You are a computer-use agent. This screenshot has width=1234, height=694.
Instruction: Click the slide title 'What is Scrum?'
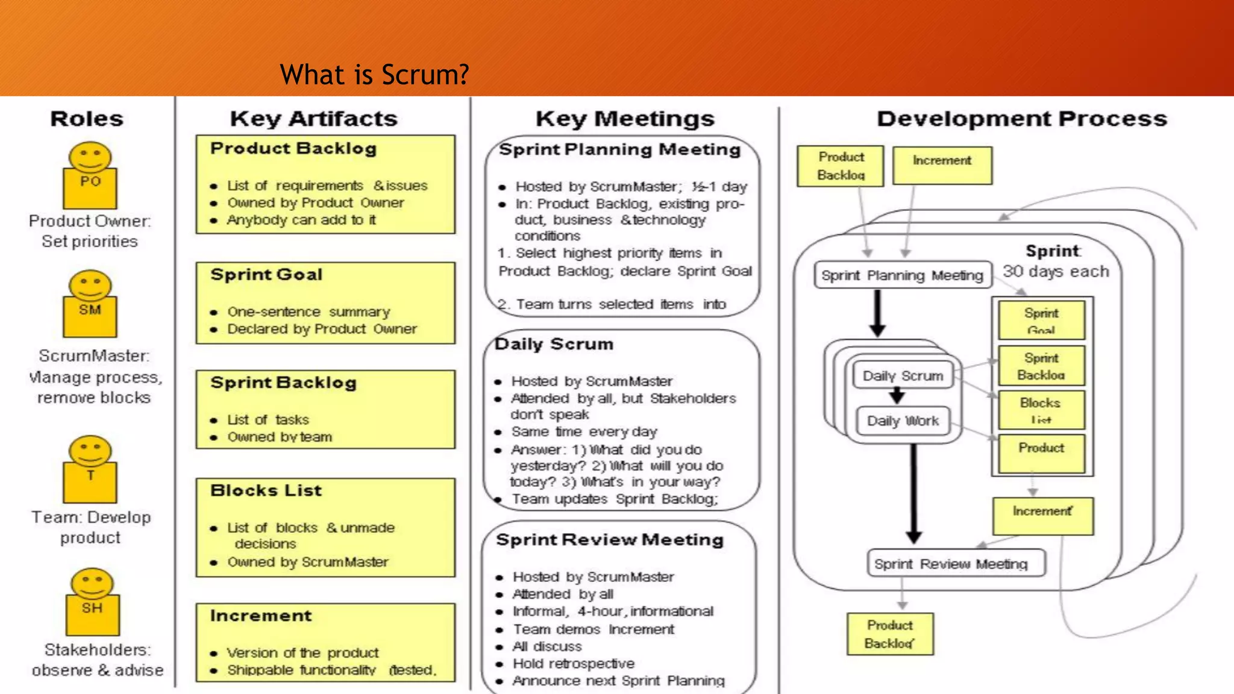(x=374, y=75)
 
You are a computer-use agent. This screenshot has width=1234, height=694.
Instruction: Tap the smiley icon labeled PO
(x=90, y=175)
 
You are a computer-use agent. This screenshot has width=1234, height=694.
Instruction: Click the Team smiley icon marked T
(x=90, y=469)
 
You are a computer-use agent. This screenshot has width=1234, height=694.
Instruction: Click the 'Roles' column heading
(x=87, y=119)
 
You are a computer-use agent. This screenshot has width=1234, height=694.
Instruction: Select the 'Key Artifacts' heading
(x=313, y=119)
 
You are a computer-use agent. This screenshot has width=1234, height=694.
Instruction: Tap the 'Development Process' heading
(x=1022, y=119)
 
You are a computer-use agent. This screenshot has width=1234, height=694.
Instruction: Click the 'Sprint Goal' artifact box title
(x=266, y=275)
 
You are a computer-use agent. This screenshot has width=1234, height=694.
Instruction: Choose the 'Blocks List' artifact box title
(x=266, y=490)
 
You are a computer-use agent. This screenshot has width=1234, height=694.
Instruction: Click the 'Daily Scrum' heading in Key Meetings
(x=554, y=344)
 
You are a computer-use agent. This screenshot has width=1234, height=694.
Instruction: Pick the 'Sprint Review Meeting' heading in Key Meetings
(x=610, y=540)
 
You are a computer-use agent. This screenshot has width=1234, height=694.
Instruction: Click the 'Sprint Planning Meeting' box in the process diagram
(x=902, y=275)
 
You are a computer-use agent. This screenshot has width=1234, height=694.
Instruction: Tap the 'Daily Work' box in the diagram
(x=903, y=420)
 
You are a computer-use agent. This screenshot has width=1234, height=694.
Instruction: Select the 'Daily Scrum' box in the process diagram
(x=903, y=376)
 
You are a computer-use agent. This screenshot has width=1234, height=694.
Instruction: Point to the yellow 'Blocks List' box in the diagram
(x=1041, y=410)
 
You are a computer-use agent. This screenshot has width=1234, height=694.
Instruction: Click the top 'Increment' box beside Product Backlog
(x=942, y=165)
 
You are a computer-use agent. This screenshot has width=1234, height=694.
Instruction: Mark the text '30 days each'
(x=1056, y=271)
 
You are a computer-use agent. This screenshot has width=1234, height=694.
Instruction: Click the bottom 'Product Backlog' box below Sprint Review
(x=889, y=634)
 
